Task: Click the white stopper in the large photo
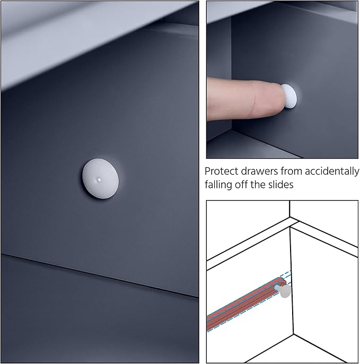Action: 100,178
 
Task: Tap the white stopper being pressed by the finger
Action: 289,96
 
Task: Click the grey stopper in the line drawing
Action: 284,291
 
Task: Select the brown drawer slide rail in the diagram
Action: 247,304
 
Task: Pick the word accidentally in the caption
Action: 332,172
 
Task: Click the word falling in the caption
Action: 218,185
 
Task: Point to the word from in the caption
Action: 291,171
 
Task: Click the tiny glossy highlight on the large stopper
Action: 99,179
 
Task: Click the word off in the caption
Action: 241,185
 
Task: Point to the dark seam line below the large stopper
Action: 100,275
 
